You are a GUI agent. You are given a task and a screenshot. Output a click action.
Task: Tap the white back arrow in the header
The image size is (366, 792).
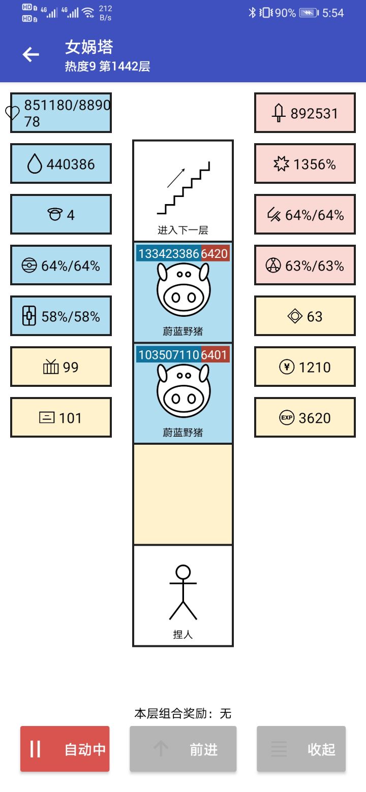31,55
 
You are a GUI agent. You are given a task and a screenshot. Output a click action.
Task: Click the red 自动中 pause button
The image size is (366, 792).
65,749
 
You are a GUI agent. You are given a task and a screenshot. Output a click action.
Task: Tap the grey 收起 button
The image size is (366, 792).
301,749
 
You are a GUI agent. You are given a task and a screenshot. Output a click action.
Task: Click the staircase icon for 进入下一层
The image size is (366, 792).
183,188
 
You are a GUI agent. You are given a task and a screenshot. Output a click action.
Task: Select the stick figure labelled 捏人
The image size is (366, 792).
183,593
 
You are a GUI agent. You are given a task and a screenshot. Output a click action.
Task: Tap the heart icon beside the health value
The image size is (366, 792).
13,113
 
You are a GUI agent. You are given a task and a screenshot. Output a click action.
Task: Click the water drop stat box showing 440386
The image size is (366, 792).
61,164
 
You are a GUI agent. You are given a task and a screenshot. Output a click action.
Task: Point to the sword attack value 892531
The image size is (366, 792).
314,113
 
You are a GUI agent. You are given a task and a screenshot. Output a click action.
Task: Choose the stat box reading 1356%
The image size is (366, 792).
305,164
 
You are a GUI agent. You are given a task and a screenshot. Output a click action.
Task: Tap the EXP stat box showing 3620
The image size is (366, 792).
305,418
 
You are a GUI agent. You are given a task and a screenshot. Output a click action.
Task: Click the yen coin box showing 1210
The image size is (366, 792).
305,367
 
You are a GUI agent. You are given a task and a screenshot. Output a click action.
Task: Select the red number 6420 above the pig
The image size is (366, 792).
215,253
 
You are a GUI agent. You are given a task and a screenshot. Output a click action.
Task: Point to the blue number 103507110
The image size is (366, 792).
168,354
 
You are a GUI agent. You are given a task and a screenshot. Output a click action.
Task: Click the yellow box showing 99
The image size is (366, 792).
61,367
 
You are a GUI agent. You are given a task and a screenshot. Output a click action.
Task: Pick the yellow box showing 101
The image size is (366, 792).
61,418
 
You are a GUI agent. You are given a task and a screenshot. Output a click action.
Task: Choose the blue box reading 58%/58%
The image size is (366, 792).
61,316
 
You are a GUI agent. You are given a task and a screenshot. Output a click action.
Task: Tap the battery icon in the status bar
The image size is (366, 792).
309,13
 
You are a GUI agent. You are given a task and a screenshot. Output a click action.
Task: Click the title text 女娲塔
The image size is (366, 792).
89,47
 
